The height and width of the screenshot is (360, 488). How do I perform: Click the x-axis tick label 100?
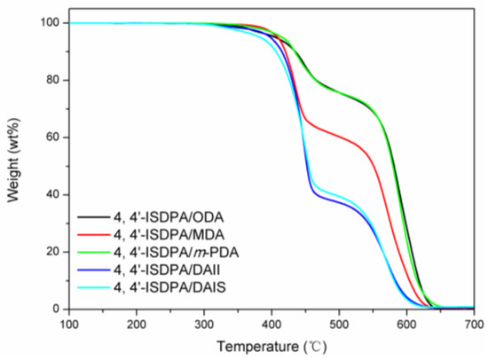[69, 325]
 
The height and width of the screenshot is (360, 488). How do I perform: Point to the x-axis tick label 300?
[204, 325]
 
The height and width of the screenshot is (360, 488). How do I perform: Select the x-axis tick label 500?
[339, 325]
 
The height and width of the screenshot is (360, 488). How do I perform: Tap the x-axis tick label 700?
[474, 325]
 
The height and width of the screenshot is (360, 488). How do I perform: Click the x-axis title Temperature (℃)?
[272, 346]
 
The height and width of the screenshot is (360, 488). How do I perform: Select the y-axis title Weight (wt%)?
[15, 165]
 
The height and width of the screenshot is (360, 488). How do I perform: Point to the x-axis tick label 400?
[272, 325]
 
